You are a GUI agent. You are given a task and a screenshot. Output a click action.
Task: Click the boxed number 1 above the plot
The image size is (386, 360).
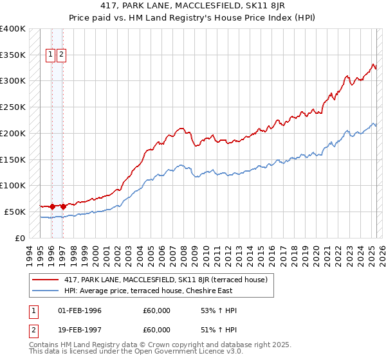coord(51,55)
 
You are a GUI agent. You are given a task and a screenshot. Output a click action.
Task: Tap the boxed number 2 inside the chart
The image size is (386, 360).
coord(61,55)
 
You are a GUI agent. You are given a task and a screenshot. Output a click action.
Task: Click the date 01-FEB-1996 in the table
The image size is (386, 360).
coord(80,310)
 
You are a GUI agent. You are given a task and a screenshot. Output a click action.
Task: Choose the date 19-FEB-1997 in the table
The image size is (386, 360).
coord(80,331)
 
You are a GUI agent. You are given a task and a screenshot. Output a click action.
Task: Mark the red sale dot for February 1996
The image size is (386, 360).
coord(51,206)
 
